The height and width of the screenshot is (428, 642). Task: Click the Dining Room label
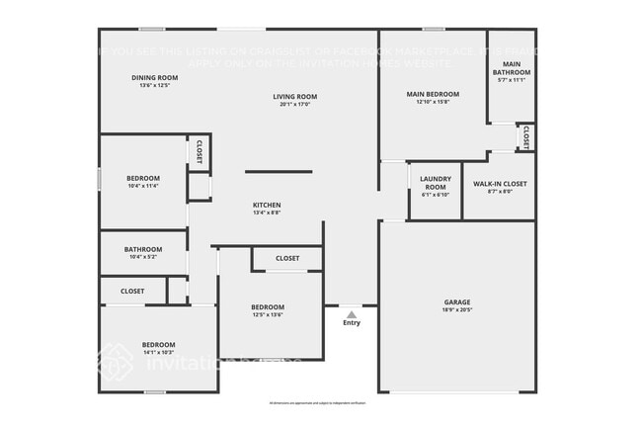pyautogui.click(x=155, y=77)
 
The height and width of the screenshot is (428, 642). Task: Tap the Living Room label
pyautogui.click(x=295, y=96)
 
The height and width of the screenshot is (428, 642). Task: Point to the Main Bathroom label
pyautogui.click(x=512, y=68)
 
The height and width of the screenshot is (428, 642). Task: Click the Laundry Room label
pyautogui.click(x=435, y=182)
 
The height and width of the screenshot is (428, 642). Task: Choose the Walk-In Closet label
pyautogui.click(x=500, y=184)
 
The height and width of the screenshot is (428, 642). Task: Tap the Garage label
pyautogui.click(x=456, y=301)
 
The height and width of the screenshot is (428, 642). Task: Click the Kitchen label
pyautogui.click(x=267, y=205)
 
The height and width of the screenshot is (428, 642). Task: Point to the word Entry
pyautogui.click(x=352, y=323)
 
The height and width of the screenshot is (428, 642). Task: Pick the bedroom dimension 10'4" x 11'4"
pyautogui.click(x=143, y=185)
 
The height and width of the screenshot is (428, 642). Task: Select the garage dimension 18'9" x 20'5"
pyautogui.click(x=456, y=309)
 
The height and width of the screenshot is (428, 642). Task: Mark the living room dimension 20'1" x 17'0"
pyautogui.click(x=295, y=104)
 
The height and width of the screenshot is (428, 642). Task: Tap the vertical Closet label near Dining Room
pyautogui.click(x=199, y=151)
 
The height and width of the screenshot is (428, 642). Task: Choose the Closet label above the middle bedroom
pyautogui.click(x=287, y=259)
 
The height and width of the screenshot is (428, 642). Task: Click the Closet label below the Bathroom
pyautogui.click(x=132, y=292)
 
